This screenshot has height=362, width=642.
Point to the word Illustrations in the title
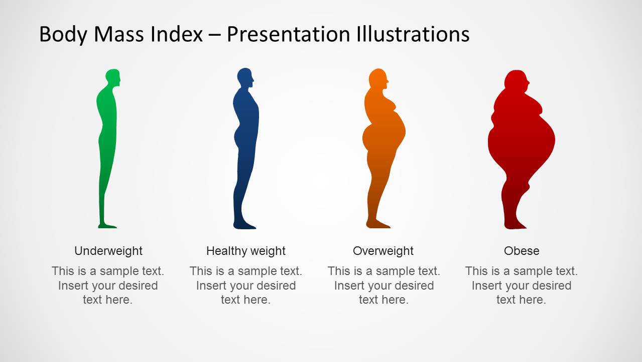coord(413,34)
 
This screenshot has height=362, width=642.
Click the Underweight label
coord(108,251)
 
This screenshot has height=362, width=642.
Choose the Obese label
coord(522,251)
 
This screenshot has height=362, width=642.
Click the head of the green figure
coord(113,77)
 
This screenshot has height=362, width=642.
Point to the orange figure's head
coord(378,77)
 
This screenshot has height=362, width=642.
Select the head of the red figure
coord(517,80)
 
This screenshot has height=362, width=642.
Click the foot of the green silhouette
coord(107,226)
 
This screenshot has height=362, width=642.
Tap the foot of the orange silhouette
coord(378,224)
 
